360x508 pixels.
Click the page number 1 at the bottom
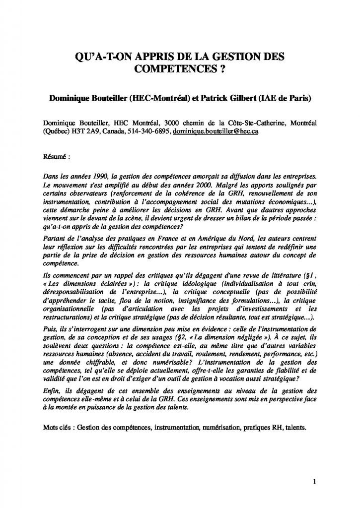(315, 480)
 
